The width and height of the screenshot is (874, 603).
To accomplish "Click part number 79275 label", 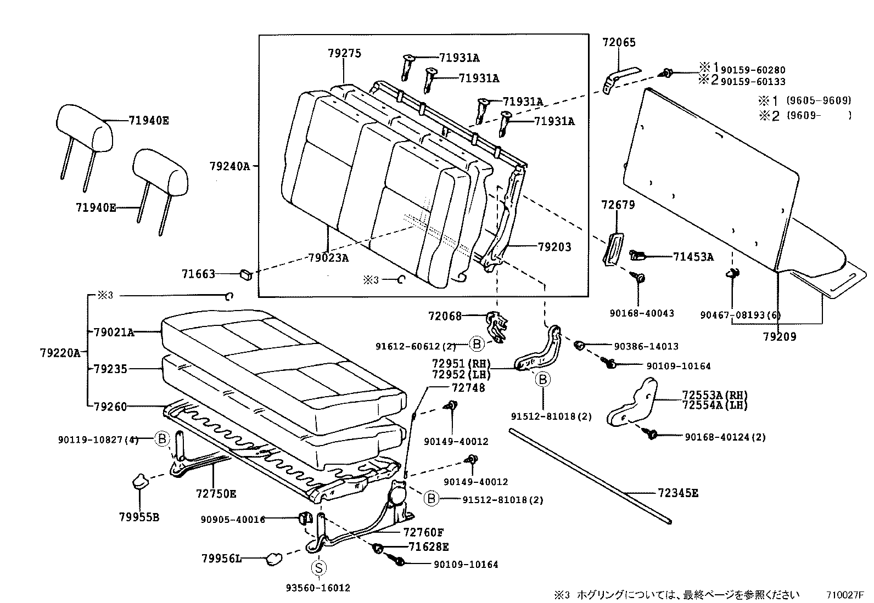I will [344, 53].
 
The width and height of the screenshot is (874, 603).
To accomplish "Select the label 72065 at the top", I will [619, 42].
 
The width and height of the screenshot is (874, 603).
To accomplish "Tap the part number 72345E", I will [677, 493].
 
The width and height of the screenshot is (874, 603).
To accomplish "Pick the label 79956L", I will [221, 559].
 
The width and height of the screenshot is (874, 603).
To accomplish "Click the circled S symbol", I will [318, 567].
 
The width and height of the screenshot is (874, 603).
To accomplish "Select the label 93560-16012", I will [318, 588].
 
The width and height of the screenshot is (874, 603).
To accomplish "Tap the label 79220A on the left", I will [60, 352].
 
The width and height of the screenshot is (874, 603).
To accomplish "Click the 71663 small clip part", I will [246, 274].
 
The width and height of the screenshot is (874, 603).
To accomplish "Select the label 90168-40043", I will [641, 313].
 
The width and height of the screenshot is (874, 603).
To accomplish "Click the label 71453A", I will [693, 256].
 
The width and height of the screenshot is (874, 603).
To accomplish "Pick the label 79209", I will [779, 336].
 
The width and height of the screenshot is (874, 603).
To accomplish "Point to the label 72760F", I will [423, 532].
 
